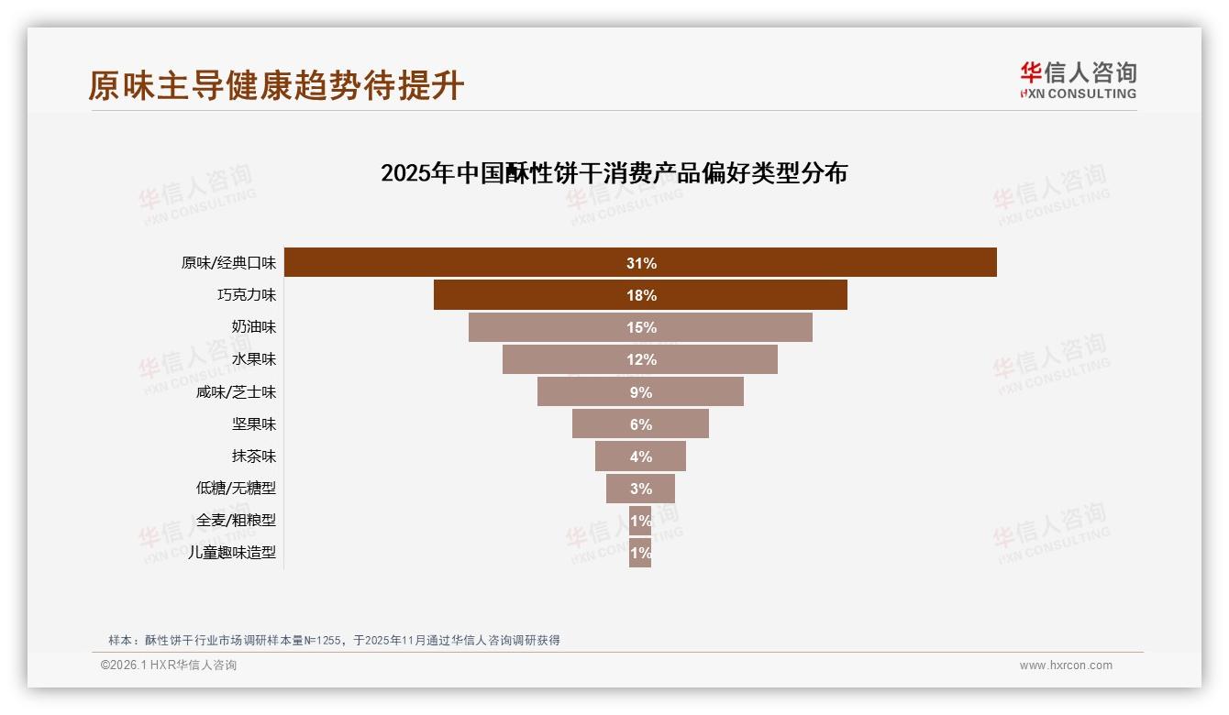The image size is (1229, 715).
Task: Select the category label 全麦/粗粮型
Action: point(236,520)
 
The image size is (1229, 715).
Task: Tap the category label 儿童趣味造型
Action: point(231,552)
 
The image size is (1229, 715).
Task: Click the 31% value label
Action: point(641,263)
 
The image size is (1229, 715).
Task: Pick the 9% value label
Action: point(641,392)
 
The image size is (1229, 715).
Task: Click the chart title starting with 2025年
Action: point(614,173)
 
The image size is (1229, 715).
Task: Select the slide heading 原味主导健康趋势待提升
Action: point(276,85)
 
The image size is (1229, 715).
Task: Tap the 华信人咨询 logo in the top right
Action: point(1078,80)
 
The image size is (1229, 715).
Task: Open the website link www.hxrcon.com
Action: point(1066,665)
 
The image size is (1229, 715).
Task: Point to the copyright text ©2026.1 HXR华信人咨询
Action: point(169,665)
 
